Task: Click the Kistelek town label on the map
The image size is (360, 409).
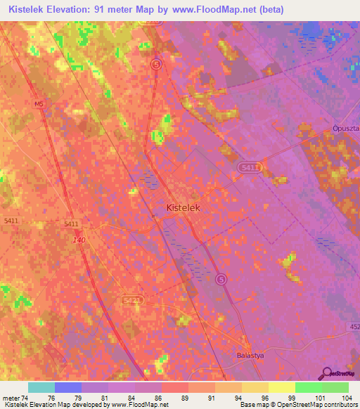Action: pos(186,208)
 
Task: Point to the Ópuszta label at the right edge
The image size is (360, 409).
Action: pos(345,129)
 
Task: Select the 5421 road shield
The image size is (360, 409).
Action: pos(132,300)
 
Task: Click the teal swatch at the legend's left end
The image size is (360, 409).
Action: pos(41,387)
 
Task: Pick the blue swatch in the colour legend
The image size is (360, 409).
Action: pos(68,387)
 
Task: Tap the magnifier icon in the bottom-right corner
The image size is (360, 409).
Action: pos(326,374)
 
